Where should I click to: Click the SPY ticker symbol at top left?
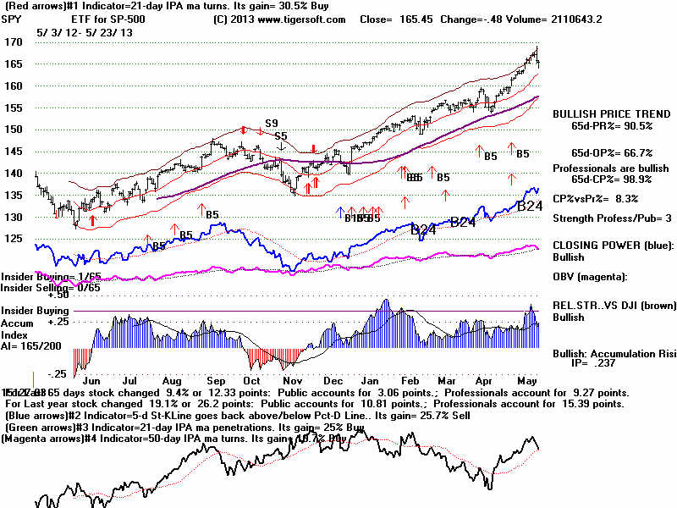tap(13, 19)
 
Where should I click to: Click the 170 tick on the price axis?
tap(12, 41)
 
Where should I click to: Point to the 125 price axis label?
tap(12, 239)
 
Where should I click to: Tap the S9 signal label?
tap(272, 124)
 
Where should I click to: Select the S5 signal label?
tap(280, 135)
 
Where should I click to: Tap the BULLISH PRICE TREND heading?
tap(606, 113)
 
